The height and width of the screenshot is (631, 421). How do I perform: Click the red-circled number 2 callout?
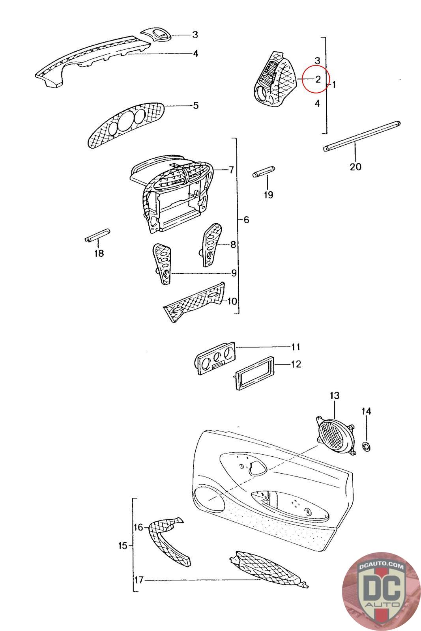[317, 80]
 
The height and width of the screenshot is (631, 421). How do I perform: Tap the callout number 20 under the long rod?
[355, 167]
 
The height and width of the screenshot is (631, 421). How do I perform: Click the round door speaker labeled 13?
[335, 436]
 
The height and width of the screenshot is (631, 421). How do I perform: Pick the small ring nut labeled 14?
[367, 447]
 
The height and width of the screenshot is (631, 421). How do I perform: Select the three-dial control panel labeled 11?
[215, 359]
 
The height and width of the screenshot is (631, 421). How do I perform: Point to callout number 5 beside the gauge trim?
[196, 106]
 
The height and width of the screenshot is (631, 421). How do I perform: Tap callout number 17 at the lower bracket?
[138, 580]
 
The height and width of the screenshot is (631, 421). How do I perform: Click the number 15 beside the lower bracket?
[123, 546]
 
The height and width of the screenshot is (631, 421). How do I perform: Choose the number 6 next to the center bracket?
[246, 220]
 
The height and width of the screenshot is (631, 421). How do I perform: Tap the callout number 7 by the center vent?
[231, 170]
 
